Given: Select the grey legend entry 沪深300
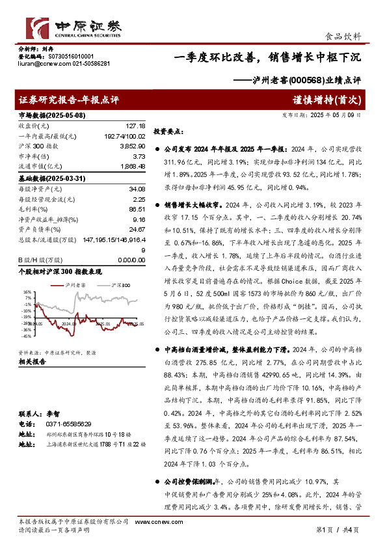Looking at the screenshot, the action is (x=120, y=285).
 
